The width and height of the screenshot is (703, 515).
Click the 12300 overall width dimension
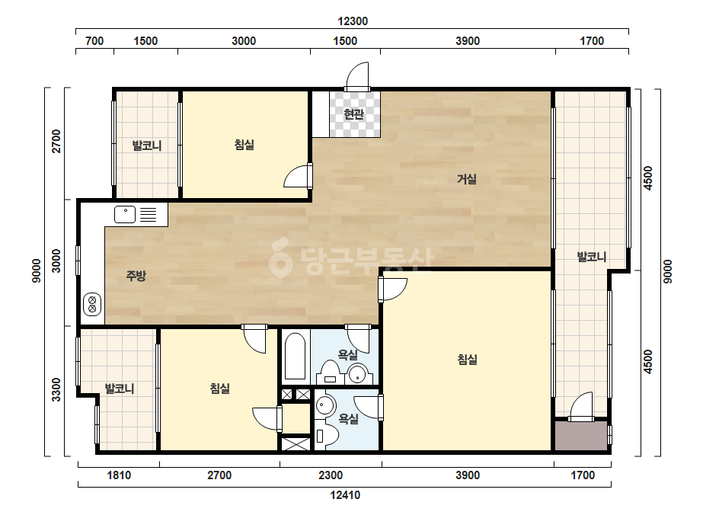pyautogui.click(x=353, y=21)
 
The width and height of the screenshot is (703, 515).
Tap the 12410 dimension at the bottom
pyautogui.click(x=345, y=495)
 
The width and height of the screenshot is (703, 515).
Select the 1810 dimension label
pyautogui.click(x=119, y=475)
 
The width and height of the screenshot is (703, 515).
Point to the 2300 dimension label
pyautogui.click(x=331, y=475)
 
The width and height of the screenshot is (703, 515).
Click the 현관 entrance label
pyautogui.click(x=353, y=114)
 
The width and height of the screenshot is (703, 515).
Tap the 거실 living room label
pyautogui.click(x=467, y=179)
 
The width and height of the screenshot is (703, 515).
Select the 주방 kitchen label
pyautogui.click(x=136, y=276)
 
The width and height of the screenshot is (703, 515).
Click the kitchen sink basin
pyautogui.click(x=125, y=214)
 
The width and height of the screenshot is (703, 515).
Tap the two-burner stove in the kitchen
pyautogui.click(x=92, y=305)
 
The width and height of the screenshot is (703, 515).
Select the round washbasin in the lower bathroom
pyautogui.click(x=326, y=405)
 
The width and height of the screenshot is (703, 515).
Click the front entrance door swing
pyautogui.click(x=357, y=76)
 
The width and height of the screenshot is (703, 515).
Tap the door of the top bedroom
pyautogui.click(x=298, y=176)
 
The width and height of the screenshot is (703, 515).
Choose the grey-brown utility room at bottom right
pyautogui.click(x=581, y=435)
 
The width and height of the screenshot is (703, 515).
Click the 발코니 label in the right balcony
pyautogui.click(x=592, y=257)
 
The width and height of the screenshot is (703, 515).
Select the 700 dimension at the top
pyautogui.click(x=94, y=41)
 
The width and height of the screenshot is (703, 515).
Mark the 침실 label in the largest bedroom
pyautogui.click(x=467, y=360)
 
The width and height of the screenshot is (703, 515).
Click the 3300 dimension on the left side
pyautogui.click(x=56, y=389)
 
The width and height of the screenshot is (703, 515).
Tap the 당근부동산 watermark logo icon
pyautogui.click(x=280, y=257)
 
